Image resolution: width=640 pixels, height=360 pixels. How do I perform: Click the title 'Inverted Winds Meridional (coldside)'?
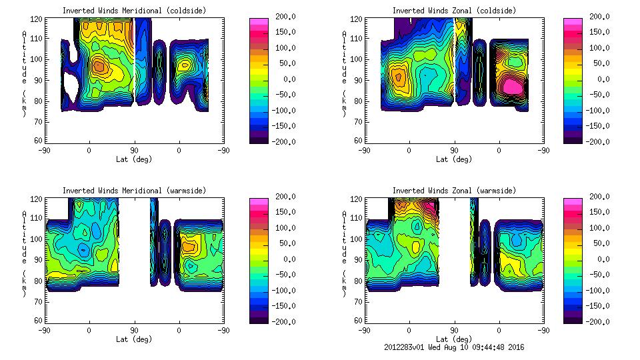pos(134,11)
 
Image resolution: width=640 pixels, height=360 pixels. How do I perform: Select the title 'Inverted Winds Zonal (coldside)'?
pos(453,11)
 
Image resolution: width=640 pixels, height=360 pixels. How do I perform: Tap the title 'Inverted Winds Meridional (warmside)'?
pos(134,191)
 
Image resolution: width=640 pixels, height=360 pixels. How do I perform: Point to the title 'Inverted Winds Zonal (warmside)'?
pos(453,191)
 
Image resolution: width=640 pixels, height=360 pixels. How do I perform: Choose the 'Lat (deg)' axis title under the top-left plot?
pos(134,159)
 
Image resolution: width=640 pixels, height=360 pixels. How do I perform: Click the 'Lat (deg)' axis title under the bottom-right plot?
pos(453,339)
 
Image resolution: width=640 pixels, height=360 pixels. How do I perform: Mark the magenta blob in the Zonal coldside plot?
pos(512,85)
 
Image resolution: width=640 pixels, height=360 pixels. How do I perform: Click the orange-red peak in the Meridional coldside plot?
pos(99,65)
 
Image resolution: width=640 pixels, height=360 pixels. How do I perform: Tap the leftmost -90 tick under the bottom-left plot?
pos(44,330)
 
